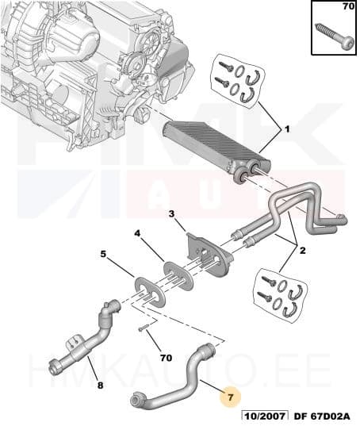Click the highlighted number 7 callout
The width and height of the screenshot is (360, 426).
(230, 397)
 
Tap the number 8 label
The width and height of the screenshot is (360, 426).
(101, 385)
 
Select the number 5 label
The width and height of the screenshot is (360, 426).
(103, 255)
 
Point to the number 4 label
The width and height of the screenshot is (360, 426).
(137, 233)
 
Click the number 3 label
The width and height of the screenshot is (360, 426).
(171, 214)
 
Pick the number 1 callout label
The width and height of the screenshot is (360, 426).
(287, 129)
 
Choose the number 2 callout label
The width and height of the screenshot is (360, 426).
(302, 250)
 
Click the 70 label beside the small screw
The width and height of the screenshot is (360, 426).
(166, 358)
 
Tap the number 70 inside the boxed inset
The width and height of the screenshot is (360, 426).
(348, 6)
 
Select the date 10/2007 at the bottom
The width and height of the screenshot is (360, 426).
(265, 416)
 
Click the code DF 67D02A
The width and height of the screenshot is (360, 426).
(322, 416)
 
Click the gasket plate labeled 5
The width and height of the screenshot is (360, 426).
(150, 291)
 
